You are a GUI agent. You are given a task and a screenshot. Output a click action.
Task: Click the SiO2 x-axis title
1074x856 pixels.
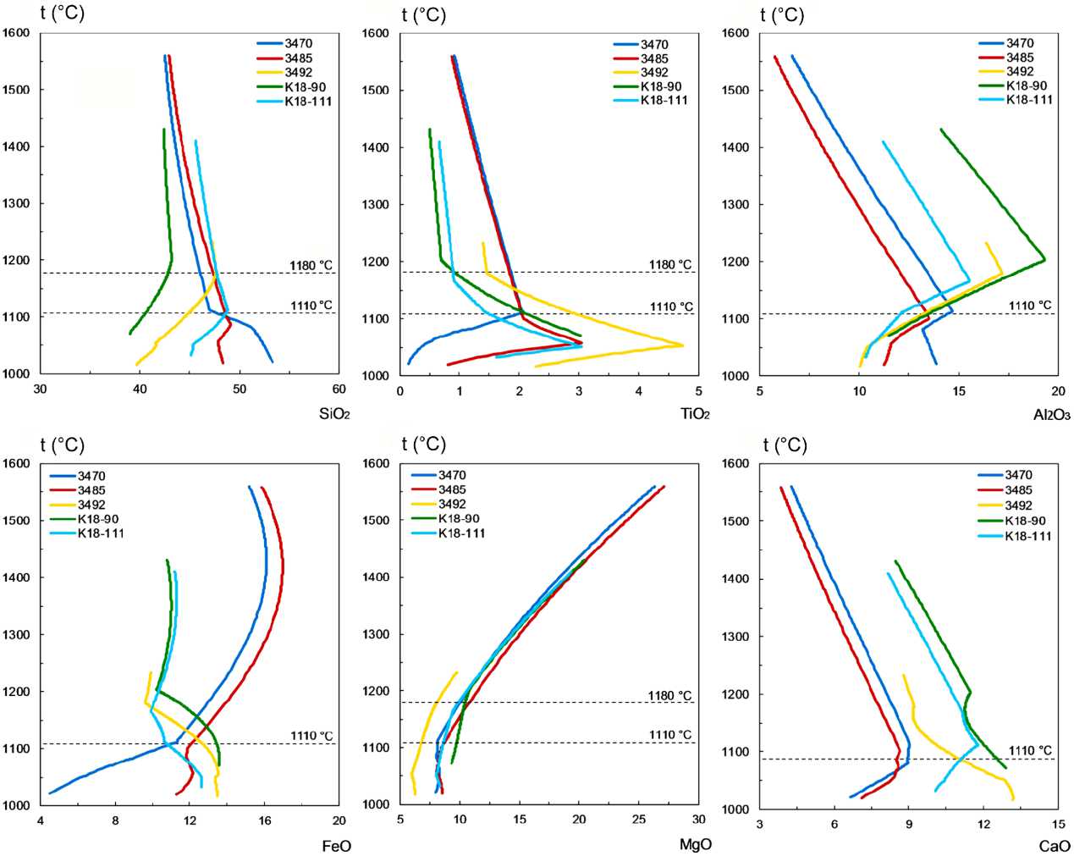click(334, 414)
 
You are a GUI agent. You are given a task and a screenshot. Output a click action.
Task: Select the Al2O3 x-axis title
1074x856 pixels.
click(1052, 415)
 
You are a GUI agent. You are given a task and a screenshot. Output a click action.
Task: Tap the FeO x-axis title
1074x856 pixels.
click(337, 845)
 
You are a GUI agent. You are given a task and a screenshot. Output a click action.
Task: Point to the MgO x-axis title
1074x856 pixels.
click(695, 844)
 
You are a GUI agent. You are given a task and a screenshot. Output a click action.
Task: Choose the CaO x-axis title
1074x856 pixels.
click(1055, 845)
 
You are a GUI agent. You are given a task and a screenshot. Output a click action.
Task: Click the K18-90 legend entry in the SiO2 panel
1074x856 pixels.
click(306, 87)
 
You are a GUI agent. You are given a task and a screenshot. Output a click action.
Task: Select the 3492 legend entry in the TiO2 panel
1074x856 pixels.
click(654, 73)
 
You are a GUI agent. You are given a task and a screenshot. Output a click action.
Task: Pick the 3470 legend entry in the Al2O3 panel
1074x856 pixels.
click(1020, 43)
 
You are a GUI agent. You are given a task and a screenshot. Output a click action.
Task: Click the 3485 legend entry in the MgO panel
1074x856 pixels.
click(452, 489)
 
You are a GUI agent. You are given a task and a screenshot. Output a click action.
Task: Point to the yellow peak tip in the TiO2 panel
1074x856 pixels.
click(682, 345)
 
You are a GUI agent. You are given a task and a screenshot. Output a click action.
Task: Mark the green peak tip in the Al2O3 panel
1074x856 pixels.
click(1044, 259)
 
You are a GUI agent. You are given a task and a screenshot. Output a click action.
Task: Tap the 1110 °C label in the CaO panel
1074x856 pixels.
click(1030, 751)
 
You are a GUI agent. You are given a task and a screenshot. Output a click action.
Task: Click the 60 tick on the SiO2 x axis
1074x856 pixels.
click(339, 389)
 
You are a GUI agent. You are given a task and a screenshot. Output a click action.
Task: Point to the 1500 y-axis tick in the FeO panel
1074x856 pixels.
click(17, 521)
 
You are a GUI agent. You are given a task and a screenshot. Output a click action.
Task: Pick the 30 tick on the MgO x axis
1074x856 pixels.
click(698, 820)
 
